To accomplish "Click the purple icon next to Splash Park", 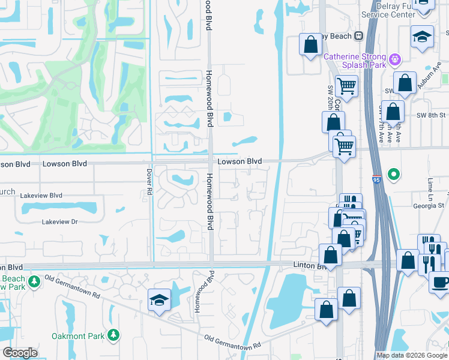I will point(394,59).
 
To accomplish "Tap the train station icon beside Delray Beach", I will point(359,36).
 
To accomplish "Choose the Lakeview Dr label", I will point(60,222).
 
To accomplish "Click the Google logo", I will point(20,352).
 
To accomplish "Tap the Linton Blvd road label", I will point(309,265).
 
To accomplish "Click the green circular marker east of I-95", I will point(394,175).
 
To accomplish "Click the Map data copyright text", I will point(412,355).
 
